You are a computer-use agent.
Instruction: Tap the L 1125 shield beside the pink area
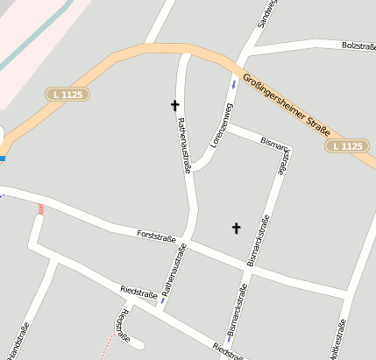click(x=67, y=94)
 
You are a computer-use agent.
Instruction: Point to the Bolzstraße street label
click(x=358, y=45)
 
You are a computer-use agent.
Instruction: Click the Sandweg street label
click(x=266, y=14)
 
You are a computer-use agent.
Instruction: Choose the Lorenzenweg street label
click(x=222, y=124)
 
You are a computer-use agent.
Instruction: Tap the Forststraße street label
click(x=157, y=236)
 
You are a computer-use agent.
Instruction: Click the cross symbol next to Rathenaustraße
click(x=174, y=105)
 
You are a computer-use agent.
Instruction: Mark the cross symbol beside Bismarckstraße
click(x=235, y=229)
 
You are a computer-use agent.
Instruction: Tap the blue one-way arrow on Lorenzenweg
click(x=233, y=86)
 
